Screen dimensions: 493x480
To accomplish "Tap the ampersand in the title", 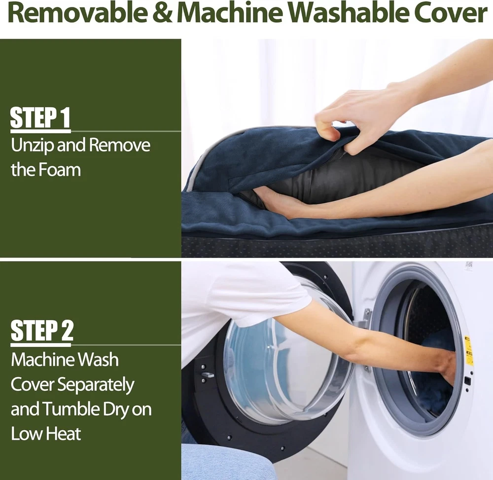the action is coord(162,13).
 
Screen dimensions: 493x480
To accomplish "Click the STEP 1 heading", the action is coord(40,117).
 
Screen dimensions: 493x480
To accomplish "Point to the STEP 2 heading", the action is coord(42,331).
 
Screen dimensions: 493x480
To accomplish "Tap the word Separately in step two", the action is coord(96,385).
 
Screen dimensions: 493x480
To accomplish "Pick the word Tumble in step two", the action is coord(71,409).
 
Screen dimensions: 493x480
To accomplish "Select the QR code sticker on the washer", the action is coord(469,266).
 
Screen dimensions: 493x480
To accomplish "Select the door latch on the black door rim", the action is coord(208,374).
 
